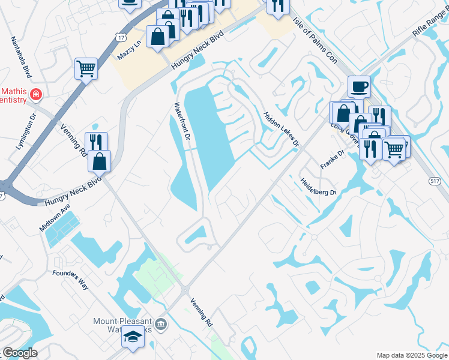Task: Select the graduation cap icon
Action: click(133, 337)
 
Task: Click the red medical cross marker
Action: click(36, 94)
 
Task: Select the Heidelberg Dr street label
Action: click(318, 187)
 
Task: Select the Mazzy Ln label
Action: click(128, 49)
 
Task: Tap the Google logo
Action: click(19, 353)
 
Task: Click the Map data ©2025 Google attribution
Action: click(411, 355)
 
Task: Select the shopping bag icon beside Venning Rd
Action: click(100, 161)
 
